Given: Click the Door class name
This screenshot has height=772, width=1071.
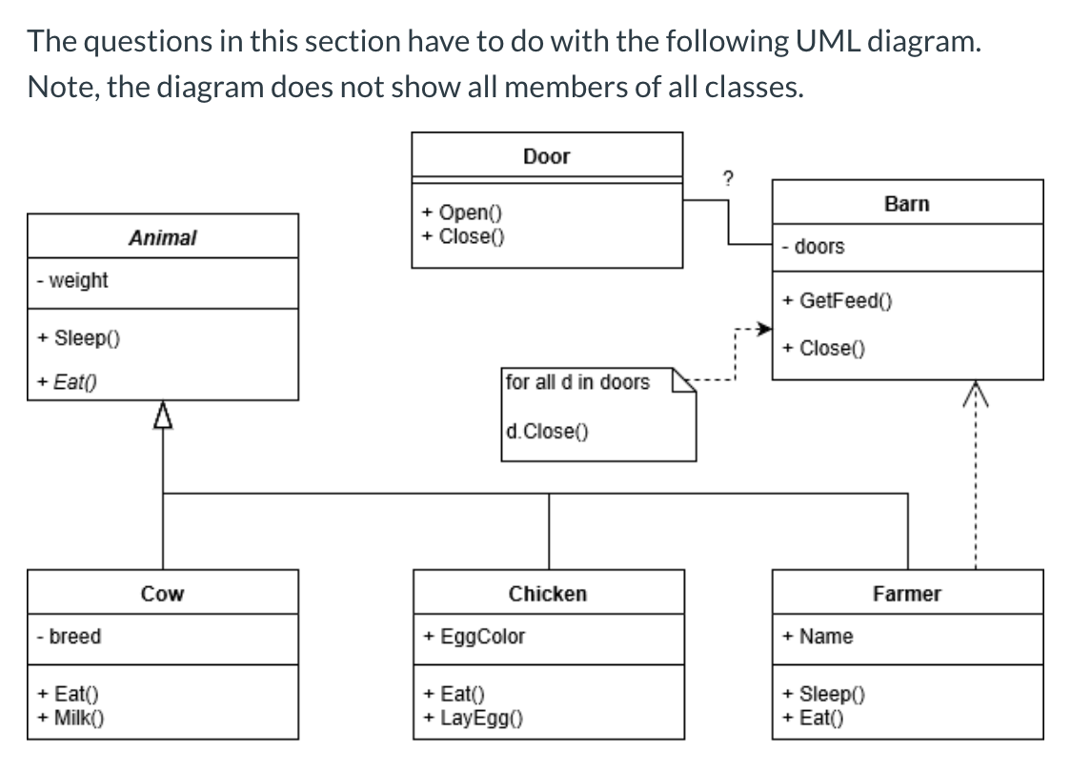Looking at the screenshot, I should [546, 156].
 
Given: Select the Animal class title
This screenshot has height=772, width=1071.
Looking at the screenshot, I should [162, 237].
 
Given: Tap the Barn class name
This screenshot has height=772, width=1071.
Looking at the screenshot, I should [906, 204].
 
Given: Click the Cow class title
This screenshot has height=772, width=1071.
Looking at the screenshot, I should [162, 594].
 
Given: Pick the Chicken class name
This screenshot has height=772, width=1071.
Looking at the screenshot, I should [547, 594].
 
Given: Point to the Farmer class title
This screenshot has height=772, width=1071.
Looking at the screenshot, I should [906, 594].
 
